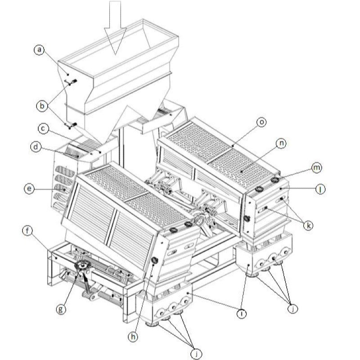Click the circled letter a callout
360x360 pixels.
[40, 49]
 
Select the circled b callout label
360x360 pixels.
[42, 106]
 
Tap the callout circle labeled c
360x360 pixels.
[43, 129]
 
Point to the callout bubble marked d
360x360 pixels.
[36, 147]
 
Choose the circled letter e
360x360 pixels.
[29, 189]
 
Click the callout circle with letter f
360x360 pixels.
[27, 231]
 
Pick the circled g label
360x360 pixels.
[61, 309]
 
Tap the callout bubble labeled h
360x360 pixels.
[133, 337]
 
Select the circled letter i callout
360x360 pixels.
[241, 313]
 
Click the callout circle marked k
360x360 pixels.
[308, 225]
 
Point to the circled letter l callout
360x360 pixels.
[320, 189]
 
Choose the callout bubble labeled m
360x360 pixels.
[317, 168]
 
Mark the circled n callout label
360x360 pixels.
[282, 144]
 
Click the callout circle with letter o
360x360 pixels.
[261, 122]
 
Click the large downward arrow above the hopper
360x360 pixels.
[115, 28]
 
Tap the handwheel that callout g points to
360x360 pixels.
[83, 266]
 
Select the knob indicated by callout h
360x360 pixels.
[155, 261]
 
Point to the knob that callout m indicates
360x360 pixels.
[275, 180]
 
